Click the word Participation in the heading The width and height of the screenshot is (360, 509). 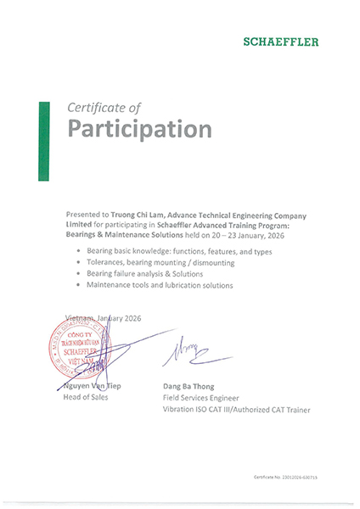[x=139, y=130]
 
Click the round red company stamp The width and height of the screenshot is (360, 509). [x=77, y=348]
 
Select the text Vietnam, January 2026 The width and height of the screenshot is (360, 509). [x=100, y=316]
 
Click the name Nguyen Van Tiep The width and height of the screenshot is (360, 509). [x=91, y=387]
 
